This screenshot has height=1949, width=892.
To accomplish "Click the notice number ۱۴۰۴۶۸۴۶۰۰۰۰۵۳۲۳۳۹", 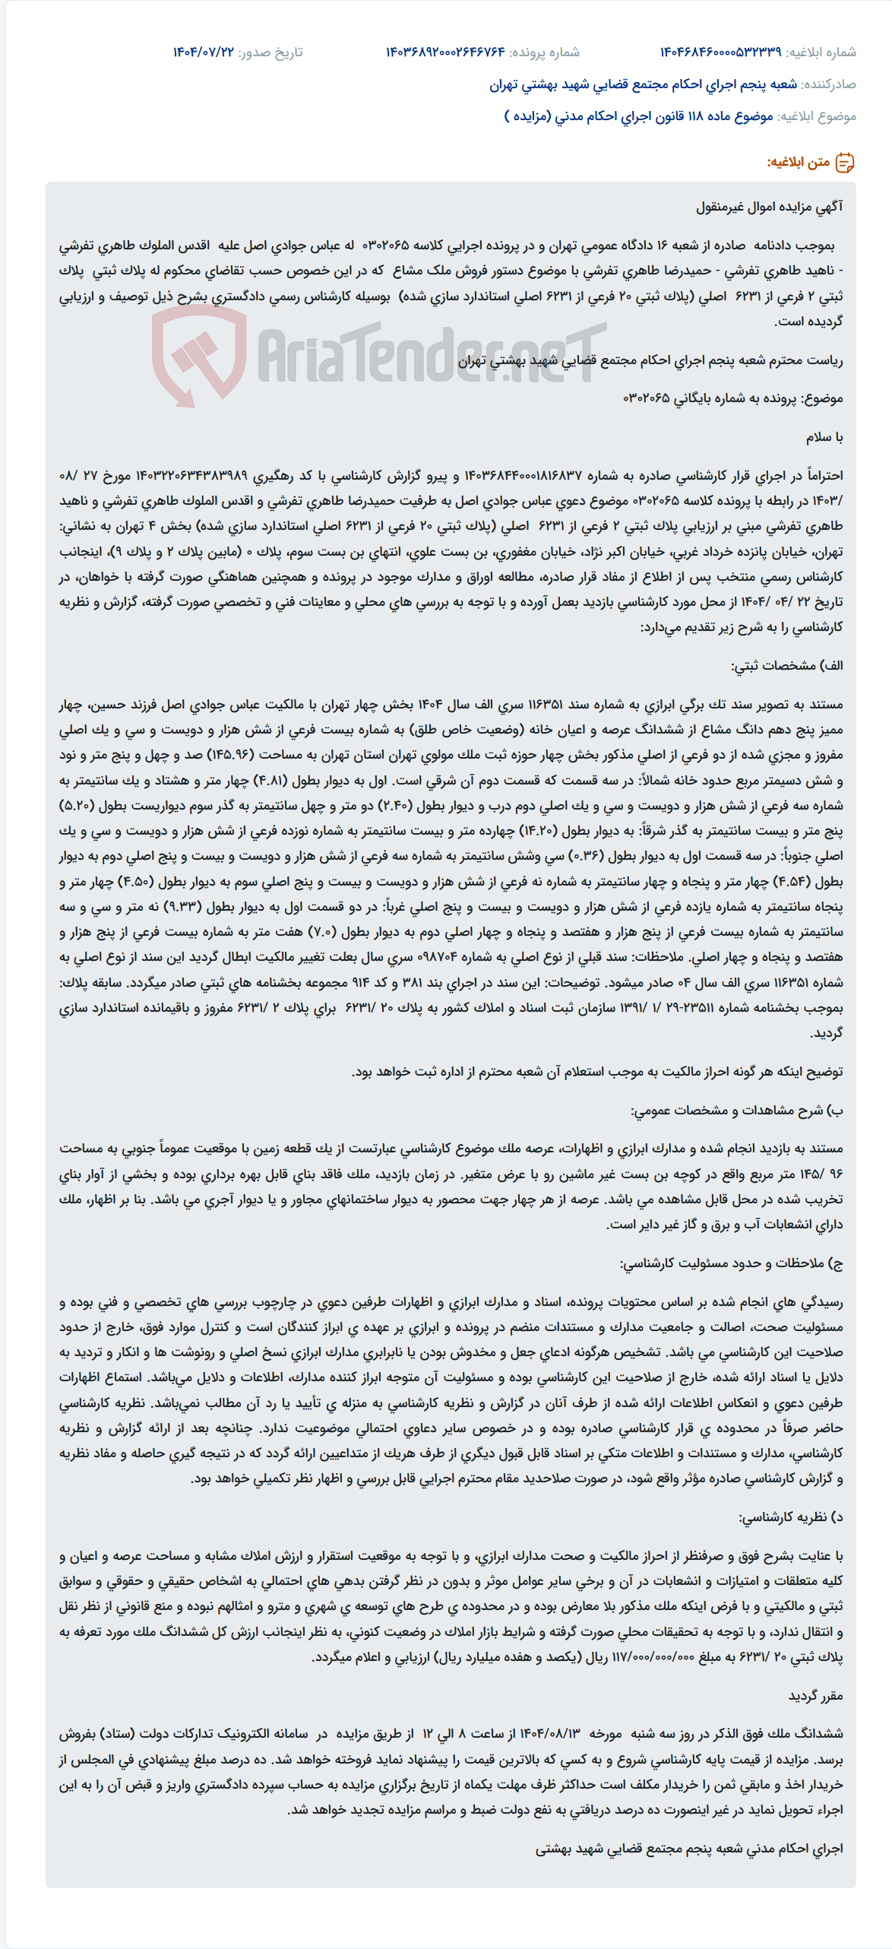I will coord(720,52).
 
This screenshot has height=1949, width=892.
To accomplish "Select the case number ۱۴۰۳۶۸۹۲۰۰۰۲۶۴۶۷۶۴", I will coord(445,52).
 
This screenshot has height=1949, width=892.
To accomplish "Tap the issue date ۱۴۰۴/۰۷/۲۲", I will coord(204,52).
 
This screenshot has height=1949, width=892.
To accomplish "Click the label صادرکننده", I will coord(829,84).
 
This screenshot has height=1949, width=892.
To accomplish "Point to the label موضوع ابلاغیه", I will coord(816,116).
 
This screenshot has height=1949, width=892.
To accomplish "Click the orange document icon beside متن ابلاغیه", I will coord(845,163).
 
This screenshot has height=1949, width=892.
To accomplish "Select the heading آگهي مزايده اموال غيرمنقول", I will coord(769,207).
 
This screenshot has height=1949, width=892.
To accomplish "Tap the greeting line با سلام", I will coord(824,438).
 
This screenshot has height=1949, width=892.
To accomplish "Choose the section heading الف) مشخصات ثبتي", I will coord(787,666).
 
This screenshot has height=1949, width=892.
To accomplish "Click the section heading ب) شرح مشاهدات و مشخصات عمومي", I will coord(736,1111).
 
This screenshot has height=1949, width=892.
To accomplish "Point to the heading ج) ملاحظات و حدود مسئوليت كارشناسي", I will coord(731,1263).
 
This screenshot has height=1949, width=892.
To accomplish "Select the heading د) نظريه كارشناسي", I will coord(791,1517).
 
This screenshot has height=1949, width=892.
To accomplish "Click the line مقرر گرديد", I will coord(815,1696).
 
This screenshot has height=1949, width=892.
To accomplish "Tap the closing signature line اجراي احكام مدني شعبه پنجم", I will coord(688,1848).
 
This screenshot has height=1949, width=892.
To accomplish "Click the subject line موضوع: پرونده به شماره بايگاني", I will coord(732,399).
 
